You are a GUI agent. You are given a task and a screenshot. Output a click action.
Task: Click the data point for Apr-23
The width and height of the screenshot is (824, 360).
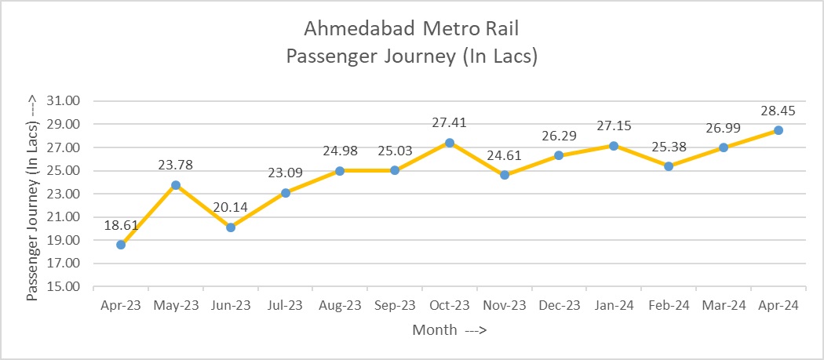(x=121, y=245)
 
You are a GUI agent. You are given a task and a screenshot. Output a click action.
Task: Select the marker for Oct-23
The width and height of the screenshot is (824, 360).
(x=450, y=143)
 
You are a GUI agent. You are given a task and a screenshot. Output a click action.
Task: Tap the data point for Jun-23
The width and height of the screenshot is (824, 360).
(x=231, y=227)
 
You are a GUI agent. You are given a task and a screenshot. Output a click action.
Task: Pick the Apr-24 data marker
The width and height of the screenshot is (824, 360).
(x=778, y=130)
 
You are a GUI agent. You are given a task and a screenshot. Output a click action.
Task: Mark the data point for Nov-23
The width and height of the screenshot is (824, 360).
(x=505, y=175)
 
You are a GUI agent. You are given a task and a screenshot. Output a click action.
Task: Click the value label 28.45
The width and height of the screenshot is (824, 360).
(x=778, y=111)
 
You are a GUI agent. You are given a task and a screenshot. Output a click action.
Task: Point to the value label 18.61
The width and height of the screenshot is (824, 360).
(x=121, y=225)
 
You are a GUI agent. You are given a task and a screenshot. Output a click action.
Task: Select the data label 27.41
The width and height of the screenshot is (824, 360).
(x=450, y=123)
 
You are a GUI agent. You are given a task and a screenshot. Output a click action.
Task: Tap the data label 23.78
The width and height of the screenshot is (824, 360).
(x=176, y=165)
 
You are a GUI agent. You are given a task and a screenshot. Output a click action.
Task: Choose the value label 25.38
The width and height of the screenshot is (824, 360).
(x=669, y=147)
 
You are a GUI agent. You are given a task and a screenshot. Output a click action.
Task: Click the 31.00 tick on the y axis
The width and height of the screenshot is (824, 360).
(x=66, y=101)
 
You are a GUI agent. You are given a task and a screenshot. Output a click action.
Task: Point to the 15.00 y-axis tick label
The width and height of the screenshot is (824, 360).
(x=66, y=287)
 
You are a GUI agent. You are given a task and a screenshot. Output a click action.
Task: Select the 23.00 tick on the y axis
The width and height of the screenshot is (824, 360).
(x=66, y=194)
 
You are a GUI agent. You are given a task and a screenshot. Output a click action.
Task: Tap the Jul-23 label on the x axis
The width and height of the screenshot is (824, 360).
(x=286, y=305)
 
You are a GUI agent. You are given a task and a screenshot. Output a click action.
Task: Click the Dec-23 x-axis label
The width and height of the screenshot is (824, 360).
(x=560, y=305)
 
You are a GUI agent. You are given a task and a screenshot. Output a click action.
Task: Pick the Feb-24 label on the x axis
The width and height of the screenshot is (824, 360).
(x=669, y=305)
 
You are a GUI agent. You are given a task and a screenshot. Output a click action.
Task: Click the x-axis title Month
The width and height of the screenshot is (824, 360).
(x=434, y=330)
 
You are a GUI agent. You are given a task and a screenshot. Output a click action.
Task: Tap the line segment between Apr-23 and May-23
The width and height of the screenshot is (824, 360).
(x=148, y=215)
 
